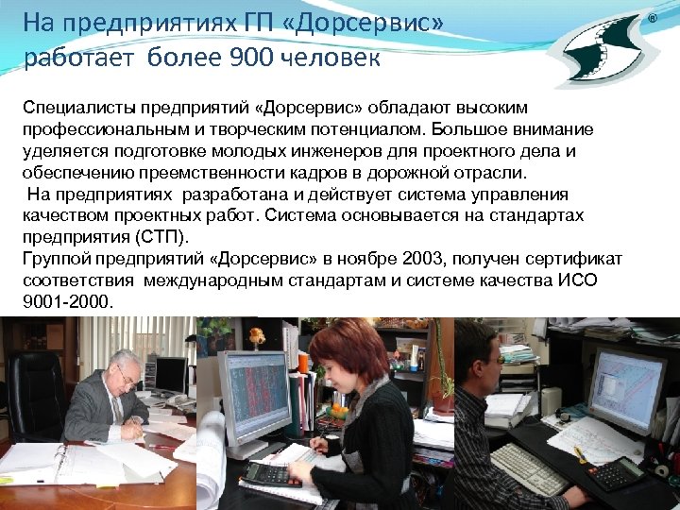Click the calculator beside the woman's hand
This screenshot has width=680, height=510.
click(273, 473)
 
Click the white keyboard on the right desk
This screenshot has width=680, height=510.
click(528, 468)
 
